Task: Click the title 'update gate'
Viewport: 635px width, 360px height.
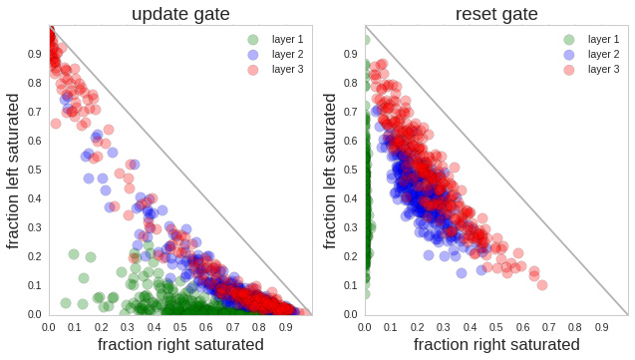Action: [180, 13]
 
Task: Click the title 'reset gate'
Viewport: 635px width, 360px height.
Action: [496, 13]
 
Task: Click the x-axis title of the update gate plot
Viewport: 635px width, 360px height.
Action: [180, 345]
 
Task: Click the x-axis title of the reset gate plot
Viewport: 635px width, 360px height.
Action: [496, 345]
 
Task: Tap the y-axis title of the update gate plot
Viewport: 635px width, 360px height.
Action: [14, 171]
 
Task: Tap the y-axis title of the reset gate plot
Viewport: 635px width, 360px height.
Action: [330, 171]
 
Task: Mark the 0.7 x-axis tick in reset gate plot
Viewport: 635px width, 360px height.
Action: [550, 326]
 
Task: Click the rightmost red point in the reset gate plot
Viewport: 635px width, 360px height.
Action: [541, 285]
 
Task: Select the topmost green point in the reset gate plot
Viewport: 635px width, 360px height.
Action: [365, 41]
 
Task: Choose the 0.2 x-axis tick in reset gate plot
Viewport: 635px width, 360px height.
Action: [418, 326]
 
